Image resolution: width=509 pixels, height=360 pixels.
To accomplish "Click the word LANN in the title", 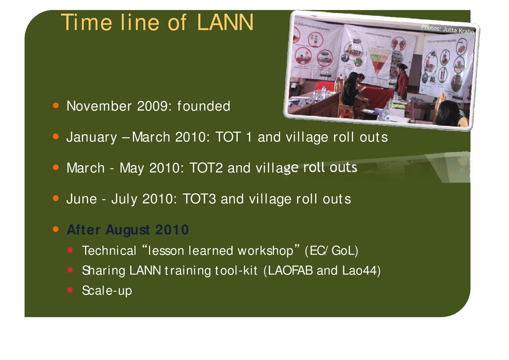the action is (x=225, y=22).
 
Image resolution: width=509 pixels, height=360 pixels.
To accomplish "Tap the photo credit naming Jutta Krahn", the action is (x=448, y=29).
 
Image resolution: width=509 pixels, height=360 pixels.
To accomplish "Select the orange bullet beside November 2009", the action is (x=56, y=105).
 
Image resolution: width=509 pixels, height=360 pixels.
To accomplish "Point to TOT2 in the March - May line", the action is (x=206, y=168).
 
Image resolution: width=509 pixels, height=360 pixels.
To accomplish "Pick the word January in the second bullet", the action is (x=91, y=137).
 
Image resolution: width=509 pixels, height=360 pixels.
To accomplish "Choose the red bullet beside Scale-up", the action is (x=70, y=289).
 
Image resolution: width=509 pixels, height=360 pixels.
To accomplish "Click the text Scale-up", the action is (x=107, y=290).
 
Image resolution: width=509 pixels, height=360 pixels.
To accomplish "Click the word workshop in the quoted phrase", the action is (x=265, y=251).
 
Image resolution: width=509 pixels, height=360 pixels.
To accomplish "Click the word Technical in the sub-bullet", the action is (x=109, y=251).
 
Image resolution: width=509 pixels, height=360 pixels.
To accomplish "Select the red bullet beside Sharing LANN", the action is (x=70, y=270).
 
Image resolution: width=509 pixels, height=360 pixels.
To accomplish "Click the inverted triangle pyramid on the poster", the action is (x=378, y=60).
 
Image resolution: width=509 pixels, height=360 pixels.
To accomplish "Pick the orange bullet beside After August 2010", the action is (x=56, y=229).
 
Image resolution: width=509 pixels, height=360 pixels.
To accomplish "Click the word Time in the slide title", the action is (x=86, y=22).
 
